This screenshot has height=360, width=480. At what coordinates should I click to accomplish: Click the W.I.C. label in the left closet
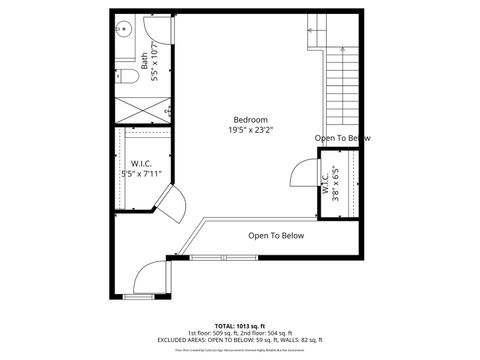140,162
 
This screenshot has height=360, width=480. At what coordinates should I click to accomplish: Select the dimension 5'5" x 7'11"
140,173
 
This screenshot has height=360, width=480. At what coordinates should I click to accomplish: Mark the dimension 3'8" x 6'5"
335,184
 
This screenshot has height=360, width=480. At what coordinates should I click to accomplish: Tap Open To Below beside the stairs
342,138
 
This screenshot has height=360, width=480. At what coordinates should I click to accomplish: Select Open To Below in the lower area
276,236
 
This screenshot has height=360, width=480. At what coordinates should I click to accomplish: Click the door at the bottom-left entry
147,271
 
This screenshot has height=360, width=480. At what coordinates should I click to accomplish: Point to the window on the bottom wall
137,297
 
